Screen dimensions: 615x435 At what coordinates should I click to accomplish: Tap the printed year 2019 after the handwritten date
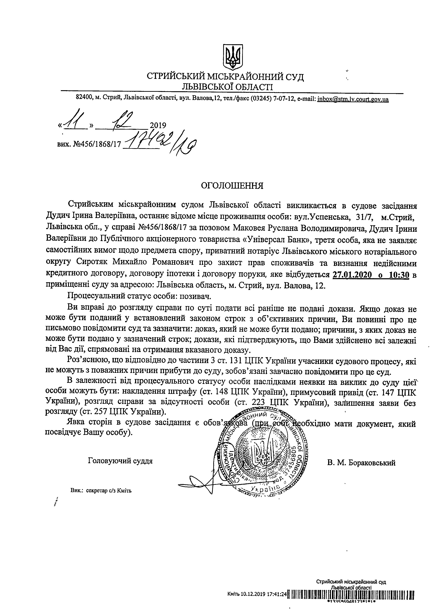tap(158, 125)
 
